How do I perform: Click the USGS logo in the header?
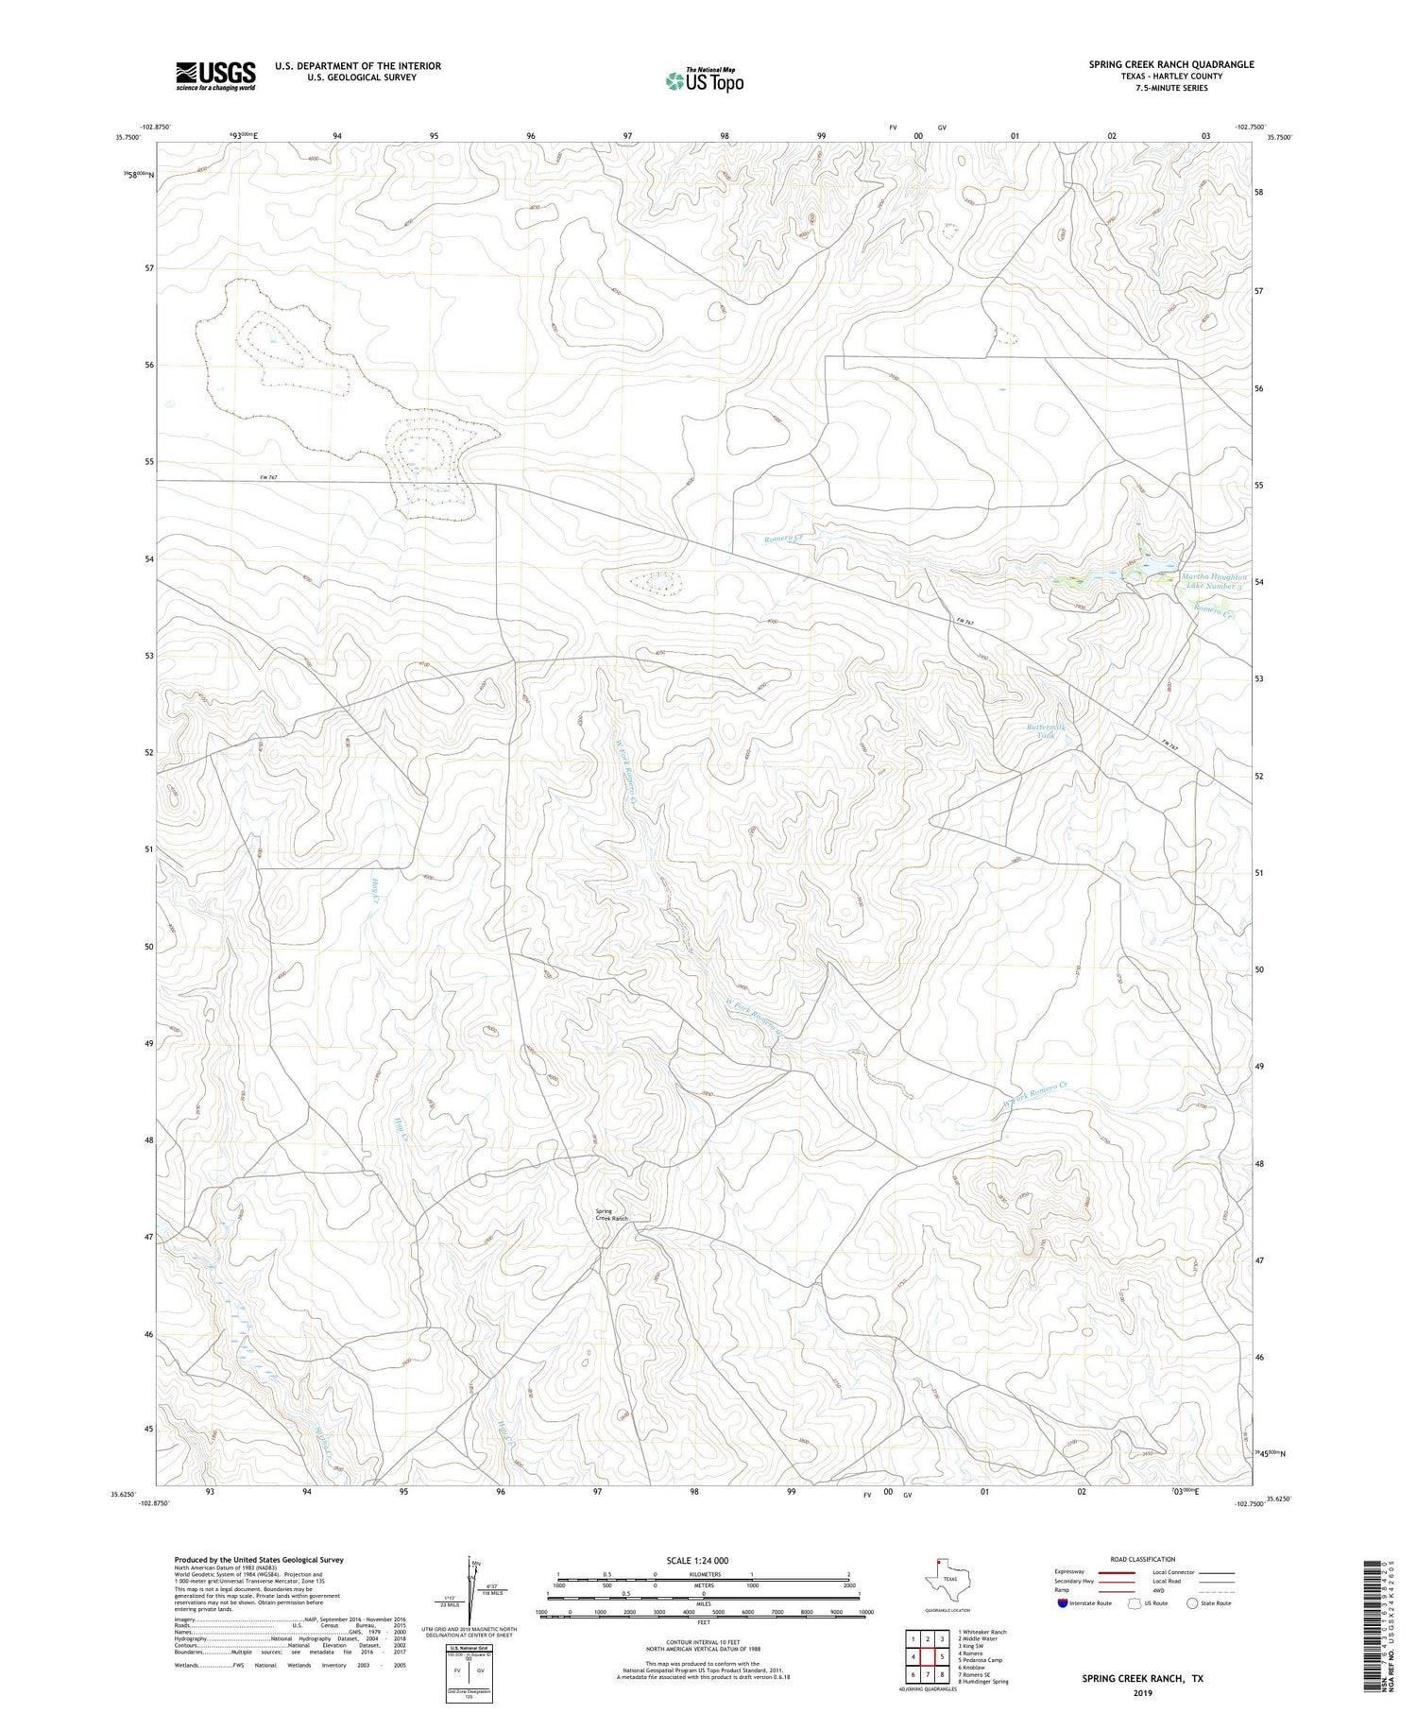(215, 76)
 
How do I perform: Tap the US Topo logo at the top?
(704, 80)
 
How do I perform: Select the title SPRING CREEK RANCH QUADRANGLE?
(1170, 64)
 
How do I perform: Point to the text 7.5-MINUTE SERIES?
(1170, 88)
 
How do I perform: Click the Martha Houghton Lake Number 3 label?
(1214, 581)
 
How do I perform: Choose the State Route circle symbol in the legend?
(1192, 1603)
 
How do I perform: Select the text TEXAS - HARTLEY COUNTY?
(1170, 77)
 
